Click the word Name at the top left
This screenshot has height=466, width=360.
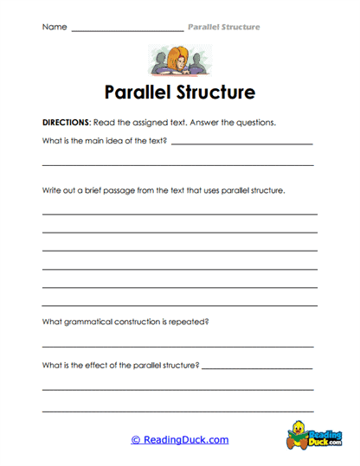coord(54,28)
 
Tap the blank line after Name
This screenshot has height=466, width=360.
coord(127,30)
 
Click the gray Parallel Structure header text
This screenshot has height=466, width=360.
coord(223,28)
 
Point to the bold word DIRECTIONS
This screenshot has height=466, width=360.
coord(66,123)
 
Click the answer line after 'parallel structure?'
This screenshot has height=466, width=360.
coord(257,368)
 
